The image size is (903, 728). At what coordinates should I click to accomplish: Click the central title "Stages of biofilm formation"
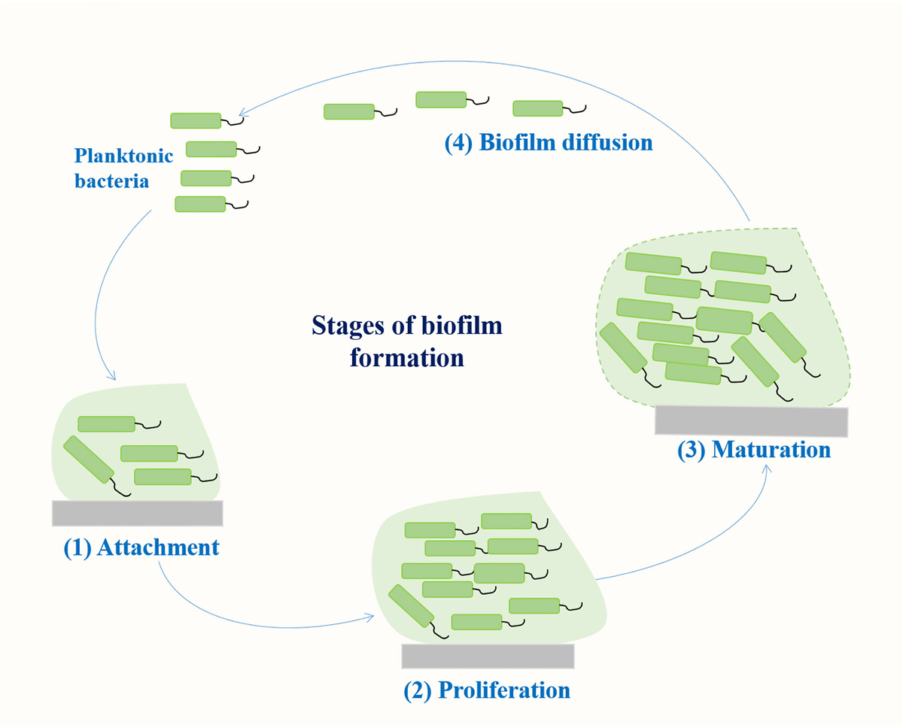click(x=408, y=341)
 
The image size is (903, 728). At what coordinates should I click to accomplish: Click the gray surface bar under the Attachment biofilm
click(x=137, y=512)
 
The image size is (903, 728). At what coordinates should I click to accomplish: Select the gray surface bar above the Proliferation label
click(x=488, y=656)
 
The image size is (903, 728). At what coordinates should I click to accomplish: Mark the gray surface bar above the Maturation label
click(x=752, y=421)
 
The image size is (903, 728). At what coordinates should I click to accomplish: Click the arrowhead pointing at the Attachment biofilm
click(x=111, y=376)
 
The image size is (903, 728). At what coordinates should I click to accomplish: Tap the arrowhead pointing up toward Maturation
click(x=767, y=468)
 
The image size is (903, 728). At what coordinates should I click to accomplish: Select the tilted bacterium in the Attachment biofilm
click(x=88, y=460)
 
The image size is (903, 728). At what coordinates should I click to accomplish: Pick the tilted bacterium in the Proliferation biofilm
click(x=412, y=606)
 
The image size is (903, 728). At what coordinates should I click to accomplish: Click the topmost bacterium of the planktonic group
click(x=196, y=120)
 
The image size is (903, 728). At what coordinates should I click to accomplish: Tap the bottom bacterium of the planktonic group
click(x=200, y=204)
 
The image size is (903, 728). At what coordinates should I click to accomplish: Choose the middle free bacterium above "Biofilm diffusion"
click(x=442, y=99)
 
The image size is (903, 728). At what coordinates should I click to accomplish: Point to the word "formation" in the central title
click(x=407, y=356)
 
